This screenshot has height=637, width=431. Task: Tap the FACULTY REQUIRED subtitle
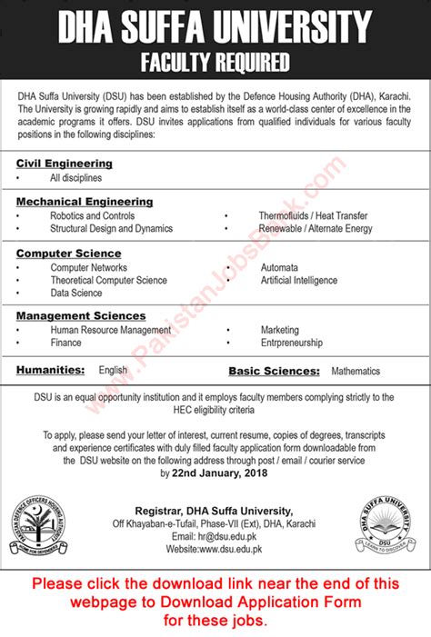(x=215, y=63)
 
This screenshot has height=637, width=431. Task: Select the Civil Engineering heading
(x=64, y=163)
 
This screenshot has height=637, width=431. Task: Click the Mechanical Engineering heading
(x=85, y=201)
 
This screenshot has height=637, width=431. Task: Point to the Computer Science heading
(x=68, y=254)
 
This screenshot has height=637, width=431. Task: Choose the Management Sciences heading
(x=79, y=314)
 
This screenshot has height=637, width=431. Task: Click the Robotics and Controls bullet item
(x=93, y=216)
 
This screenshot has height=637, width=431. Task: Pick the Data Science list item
(x=76, y=294)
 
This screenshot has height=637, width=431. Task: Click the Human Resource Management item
(x=111, y=330)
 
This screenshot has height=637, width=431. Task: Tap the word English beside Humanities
(x=113, y=370)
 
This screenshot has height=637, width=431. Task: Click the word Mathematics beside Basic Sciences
(x=356, y=371)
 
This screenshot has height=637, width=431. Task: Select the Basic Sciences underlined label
(x=274, y=371)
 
